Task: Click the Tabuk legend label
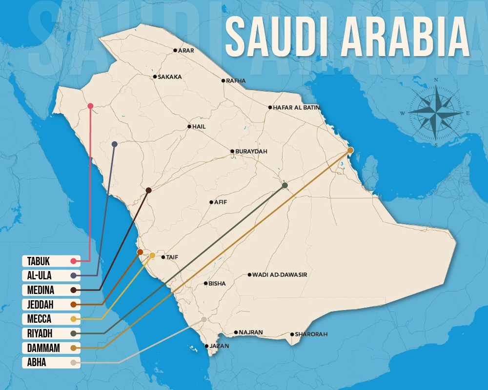tap(39, 261)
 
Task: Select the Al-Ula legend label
tap(40, 275)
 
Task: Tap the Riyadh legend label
tap(40, 334)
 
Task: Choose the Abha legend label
tap(37, 363)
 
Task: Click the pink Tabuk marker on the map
tap(90, 106)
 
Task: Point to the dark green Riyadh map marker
tap(285, 185)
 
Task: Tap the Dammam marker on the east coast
tap(350, 150)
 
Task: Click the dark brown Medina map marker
tap(148, 190)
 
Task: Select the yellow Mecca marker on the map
tap(152, 255)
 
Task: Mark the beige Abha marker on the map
tap(204, 319)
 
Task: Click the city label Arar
tap(186, 50)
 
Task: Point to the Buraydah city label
tap(251, 152)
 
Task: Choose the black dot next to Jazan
tap(207, 346)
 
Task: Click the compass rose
tap(435, 113)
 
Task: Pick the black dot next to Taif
tap(163, 257)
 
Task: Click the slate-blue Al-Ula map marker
tap(114, 144)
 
